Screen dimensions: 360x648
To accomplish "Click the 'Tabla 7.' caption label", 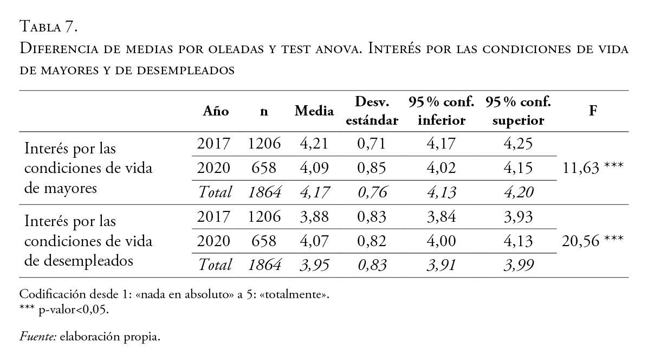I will (50, 25).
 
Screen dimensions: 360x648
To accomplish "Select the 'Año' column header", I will (216, 111).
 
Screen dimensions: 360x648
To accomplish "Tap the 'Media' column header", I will (314, 111).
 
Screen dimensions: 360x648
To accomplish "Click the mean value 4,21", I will (314, 144).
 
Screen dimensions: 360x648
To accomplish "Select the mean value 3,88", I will (314, 217).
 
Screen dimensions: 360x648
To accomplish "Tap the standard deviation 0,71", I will (372, 144).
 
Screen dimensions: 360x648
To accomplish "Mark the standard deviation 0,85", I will (372, 168).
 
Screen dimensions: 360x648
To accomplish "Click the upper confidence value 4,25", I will (518, 144).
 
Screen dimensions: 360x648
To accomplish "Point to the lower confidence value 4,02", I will (441, 168).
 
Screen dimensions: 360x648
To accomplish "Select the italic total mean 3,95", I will (314, 265).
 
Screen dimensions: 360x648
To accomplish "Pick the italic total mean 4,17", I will (314, 192).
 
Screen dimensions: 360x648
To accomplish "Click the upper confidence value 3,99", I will (518, 265).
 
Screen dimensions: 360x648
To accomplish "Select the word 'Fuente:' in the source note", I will (38, 337).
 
